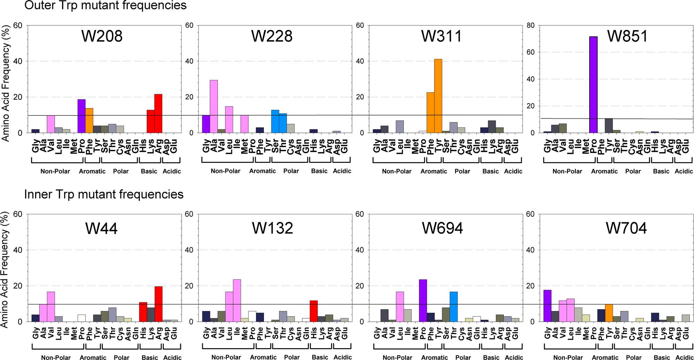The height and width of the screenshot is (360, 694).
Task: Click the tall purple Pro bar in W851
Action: tap(593, 85)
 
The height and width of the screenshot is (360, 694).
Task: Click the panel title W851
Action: tap(627, 36)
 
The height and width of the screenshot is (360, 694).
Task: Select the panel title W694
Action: tap(442, 228)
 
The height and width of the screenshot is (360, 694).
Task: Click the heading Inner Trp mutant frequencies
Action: tap(104, 194)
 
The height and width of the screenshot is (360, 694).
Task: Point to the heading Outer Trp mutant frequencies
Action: tap(105, 5)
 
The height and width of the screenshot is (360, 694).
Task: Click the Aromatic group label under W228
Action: tap(262, 171)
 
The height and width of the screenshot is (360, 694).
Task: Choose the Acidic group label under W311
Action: tap(513, 171)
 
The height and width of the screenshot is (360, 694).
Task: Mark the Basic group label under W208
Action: tap(149, 171)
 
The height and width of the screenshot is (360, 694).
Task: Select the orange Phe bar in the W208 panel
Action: tap(89, 121)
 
